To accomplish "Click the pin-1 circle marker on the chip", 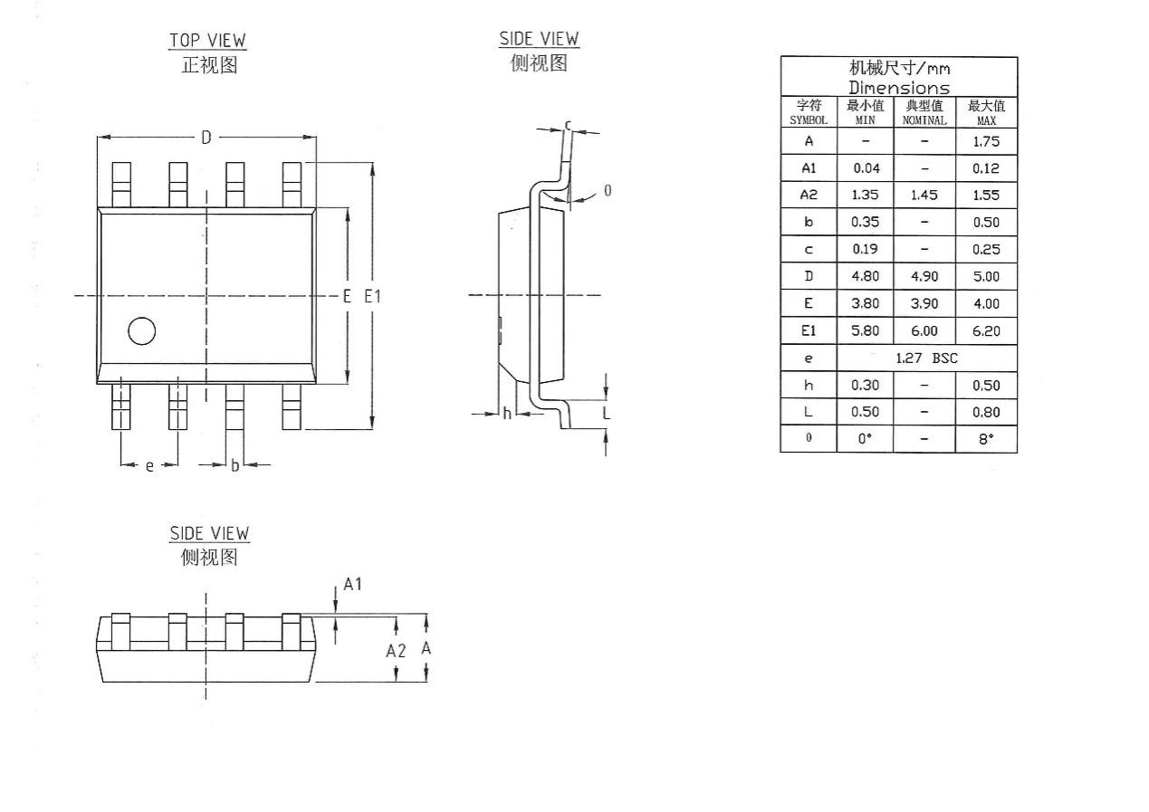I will click(x=141, y=331).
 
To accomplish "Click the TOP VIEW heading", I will click(x=207, y=41).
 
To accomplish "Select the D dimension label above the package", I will click(x=206, y=138).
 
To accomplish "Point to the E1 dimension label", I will click(x=372, y=295).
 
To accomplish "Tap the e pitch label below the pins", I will click(x=149, y=465).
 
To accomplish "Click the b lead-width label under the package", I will click(x=235, y=465).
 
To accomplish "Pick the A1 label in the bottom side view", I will click(x=352, y=585).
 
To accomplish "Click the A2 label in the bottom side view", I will click(x=396, y=651).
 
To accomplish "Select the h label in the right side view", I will click(x=507, y=414).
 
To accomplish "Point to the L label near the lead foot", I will click(x=606, y=414).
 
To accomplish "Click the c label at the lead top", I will click(x=568, y=125).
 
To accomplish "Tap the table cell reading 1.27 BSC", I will click(x=926, y=358).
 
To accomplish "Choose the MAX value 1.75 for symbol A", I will click(x=986, y=141).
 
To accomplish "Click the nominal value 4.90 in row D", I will click(x=924, y=277).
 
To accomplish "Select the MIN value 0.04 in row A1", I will click(x=866, y=168).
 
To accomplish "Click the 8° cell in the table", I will click(x=986, y=439).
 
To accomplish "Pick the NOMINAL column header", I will click(x=924, y=113).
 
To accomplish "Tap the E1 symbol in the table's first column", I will click(x=809, y=331).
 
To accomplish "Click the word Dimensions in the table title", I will click(x=899, y=88).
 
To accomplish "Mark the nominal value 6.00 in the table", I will click(x=924, y=331).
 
